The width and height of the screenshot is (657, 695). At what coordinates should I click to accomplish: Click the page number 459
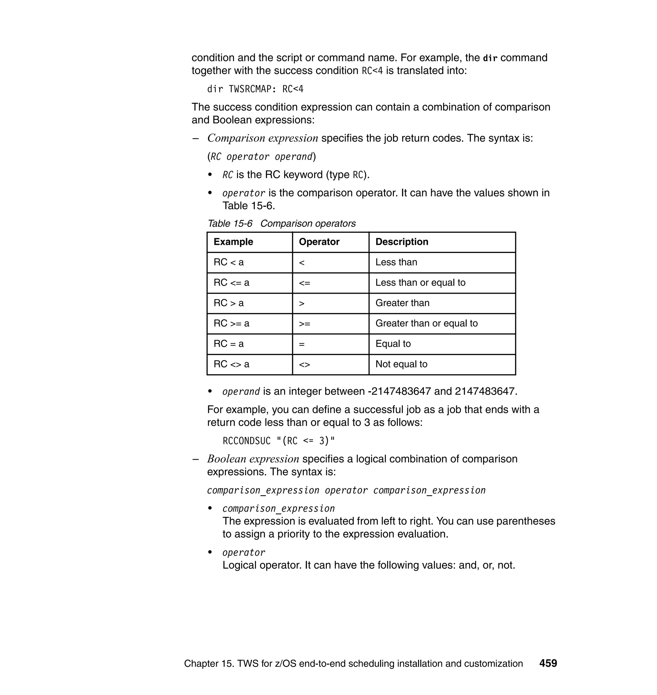point(548,663)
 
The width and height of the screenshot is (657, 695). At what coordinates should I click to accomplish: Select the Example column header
point(233,242)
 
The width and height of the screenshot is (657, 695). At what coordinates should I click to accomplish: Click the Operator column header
point(319,242)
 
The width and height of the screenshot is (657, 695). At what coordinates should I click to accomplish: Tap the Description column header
point(402,242)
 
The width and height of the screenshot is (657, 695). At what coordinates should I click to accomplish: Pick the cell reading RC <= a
point(232,283)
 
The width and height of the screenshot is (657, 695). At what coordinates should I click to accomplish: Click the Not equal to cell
point(401,364)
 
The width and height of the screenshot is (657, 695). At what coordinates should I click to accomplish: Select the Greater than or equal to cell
point(426,323)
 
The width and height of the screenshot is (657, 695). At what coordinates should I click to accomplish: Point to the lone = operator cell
point(302,344)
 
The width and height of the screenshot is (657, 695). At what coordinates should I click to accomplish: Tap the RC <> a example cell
point(232,364)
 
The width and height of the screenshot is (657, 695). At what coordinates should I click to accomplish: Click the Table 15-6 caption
point(282,224)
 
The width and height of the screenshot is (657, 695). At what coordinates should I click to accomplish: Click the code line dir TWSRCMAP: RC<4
point(255,89)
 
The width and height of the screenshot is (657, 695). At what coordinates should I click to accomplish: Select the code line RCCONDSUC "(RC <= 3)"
point(279,441)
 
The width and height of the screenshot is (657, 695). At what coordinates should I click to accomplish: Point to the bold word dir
point(490,58)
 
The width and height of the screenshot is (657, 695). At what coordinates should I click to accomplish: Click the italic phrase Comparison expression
point(263,138)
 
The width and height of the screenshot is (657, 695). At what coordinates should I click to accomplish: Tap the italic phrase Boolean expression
point(253,459)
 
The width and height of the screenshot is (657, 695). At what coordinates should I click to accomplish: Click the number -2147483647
point(399,391)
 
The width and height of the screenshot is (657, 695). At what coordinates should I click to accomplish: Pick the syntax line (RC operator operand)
point(261,156)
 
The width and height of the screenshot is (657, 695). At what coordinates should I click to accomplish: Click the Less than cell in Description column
point(396,263)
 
